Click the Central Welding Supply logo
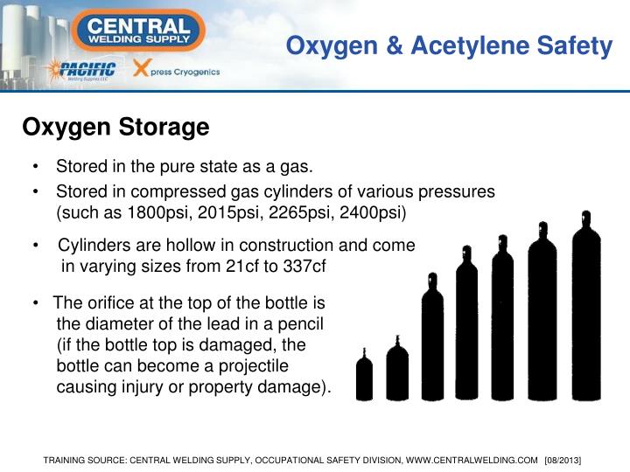140,30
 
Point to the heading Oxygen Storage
115,128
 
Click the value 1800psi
158,212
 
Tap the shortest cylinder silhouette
364,377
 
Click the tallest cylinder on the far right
585,315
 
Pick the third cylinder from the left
432,341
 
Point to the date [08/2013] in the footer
563,460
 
